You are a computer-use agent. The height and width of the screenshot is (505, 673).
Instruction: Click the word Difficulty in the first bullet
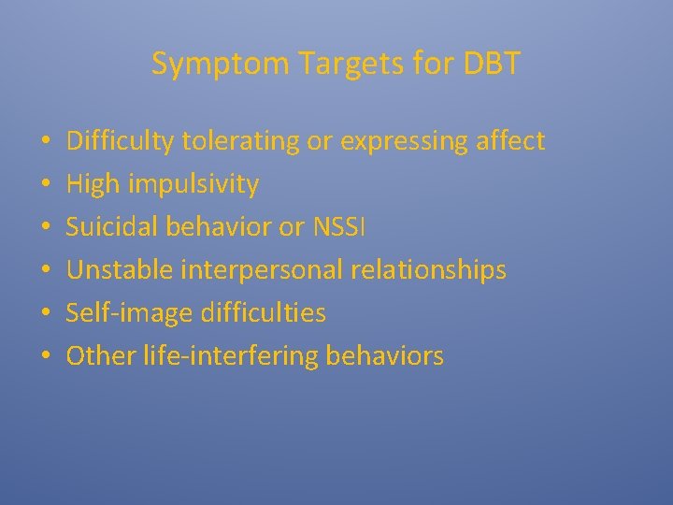click(x=121, y=142)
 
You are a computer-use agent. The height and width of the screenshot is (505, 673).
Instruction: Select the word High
click(x=96, y=185)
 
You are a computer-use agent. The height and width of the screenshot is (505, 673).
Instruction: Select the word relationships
click(x=435, y=271)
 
